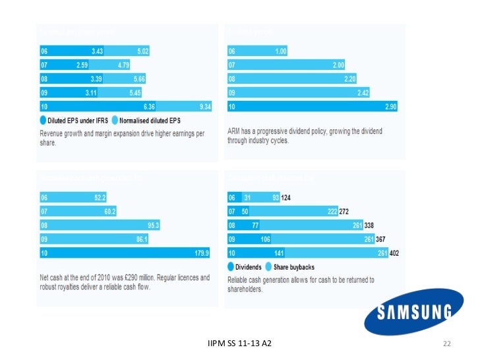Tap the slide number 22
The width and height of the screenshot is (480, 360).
click(x=446, y=344)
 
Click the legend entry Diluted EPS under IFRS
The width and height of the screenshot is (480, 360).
click(x=71, y=120)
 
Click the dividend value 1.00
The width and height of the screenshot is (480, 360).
click(x=280, y=51)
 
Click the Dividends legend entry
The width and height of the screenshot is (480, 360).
click(x=247, y=267)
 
